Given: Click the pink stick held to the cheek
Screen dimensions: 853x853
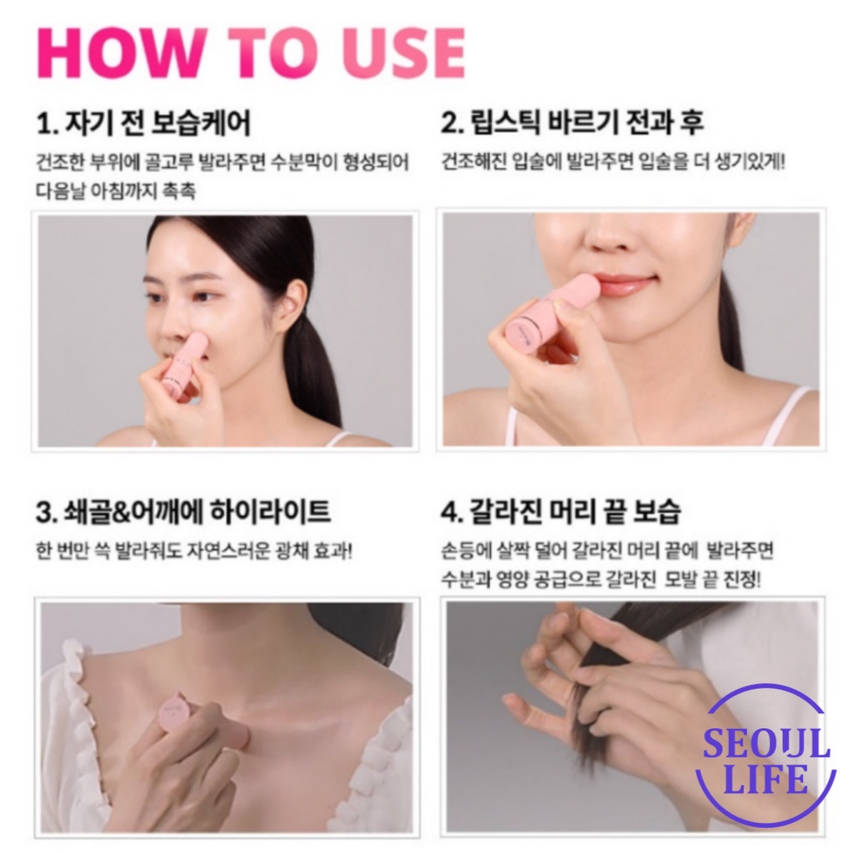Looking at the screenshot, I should point(186,362).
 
